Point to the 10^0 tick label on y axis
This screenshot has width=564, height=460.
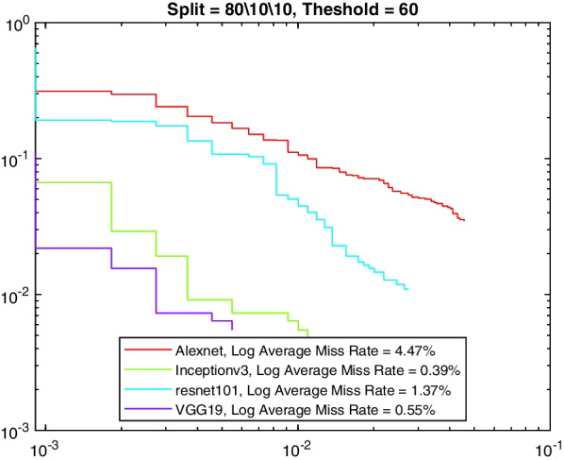pyautogui.click(x=18, y=23)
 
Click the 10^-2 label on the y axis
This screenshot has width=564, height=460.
pyautogui.click(x=18, y=296)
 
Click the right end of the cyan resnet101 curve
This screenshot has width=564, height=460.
pyautogui.click(x=406, y=288)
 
